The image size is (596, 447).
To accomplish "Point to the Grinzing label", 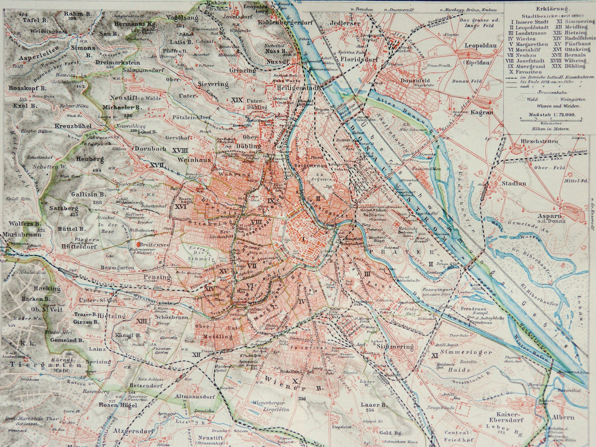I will pos(243,71).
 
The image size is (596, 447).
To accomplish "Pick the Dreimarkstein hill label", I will pos(118,62).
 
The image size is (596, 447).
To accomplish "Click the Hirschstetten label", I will pos(528,141).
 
